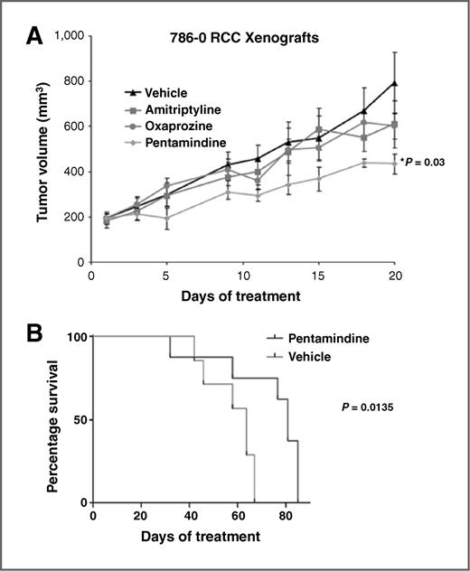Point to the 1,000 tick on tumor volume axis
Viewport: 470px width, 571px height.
67,35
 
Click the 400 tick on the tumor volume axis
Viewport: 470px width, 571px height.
73,172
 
